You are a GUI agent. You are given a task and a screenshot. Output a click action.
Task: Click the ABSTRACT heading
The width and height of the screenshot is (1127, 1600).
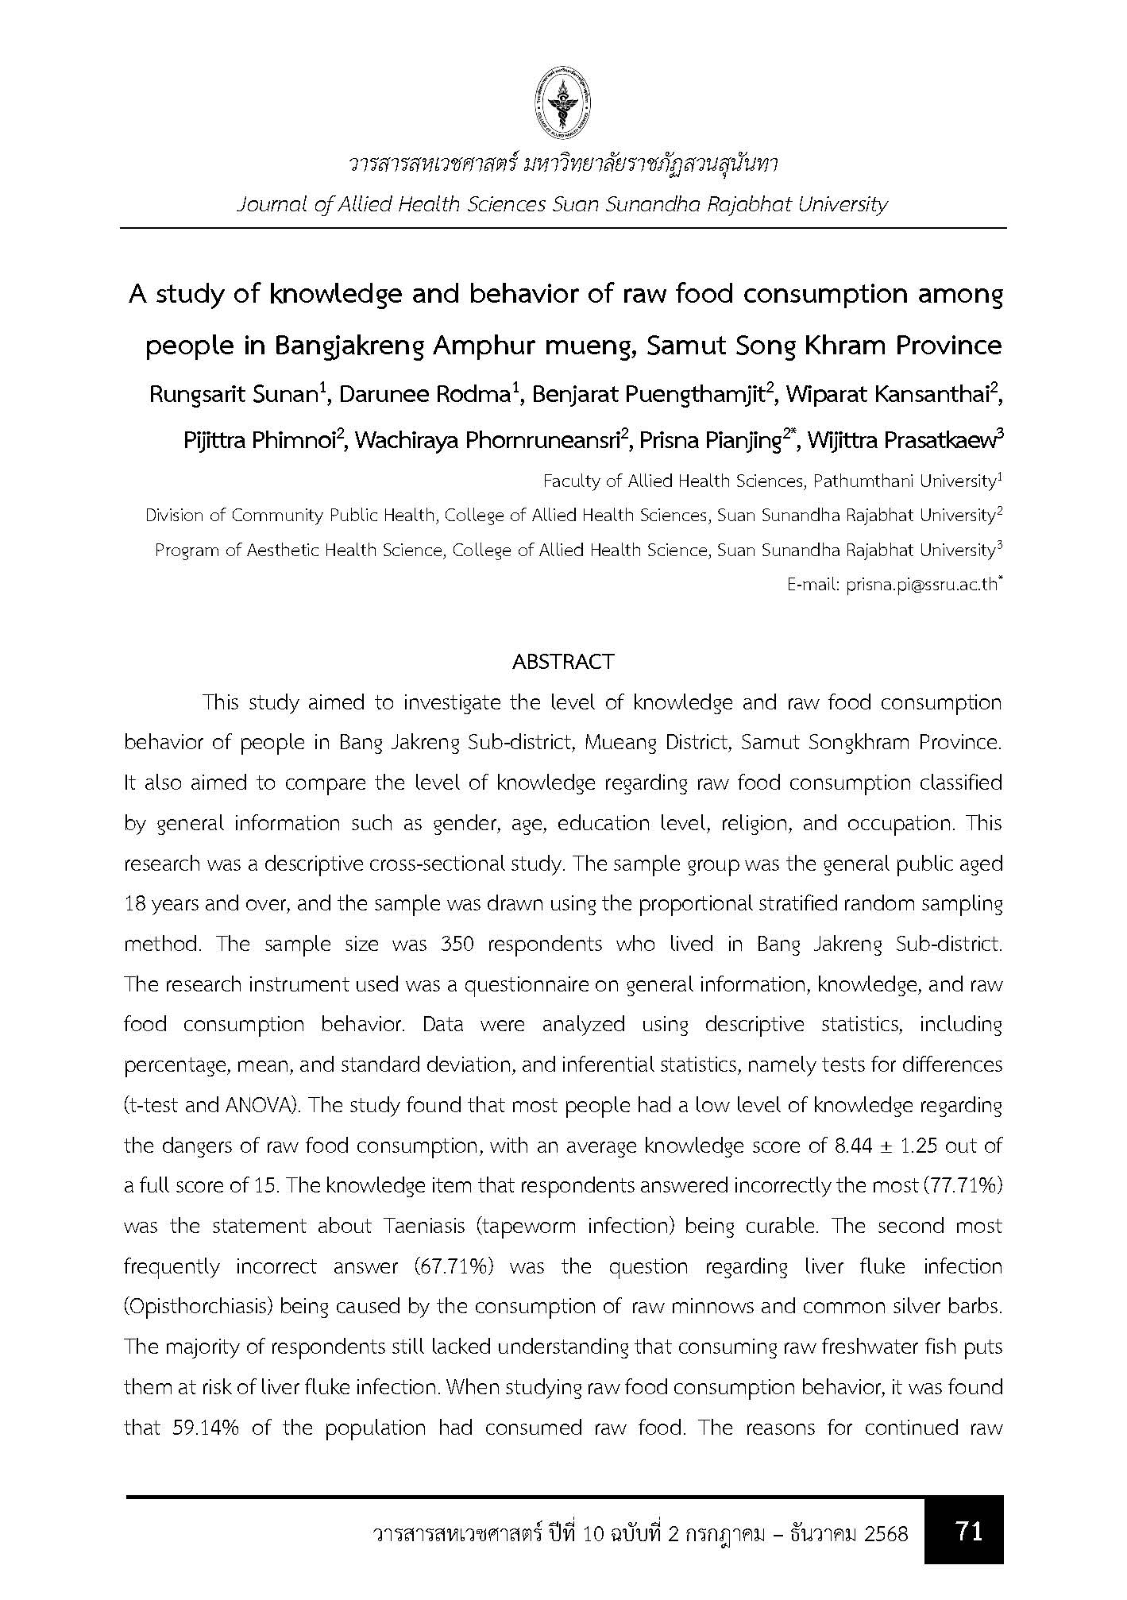click(x=563, y=662)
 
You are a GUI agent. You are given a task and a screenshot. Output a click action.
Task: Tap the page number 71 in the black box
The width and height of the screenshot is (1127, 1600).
click(x=969, y=1530)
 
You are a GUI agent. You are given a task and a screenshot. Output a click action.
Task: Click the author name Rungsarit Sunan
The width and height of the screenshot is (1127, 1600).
click(x=234, y=396)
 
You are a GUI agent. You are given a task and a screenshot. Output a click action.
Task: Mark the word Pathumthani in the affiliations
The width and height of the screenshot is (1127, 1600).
click(x=871, y=481)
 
